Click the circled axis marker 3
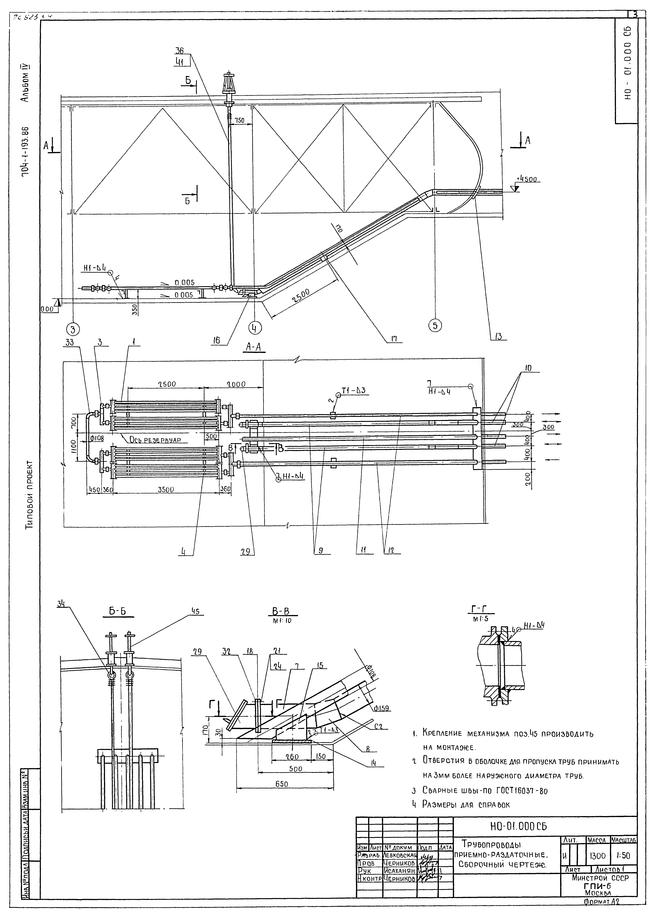click(x=73, y=329)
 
